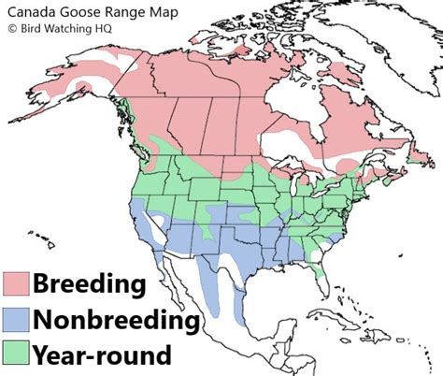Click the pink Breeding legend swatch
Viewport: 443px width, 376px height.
[16, 284]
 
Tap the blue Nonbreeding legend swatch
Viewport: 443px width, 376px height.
[16, 320]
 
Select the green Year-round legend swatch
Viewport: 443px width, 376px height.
[16, 355]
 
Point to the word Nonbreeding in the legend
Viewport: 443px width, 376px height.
[116, 321]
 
